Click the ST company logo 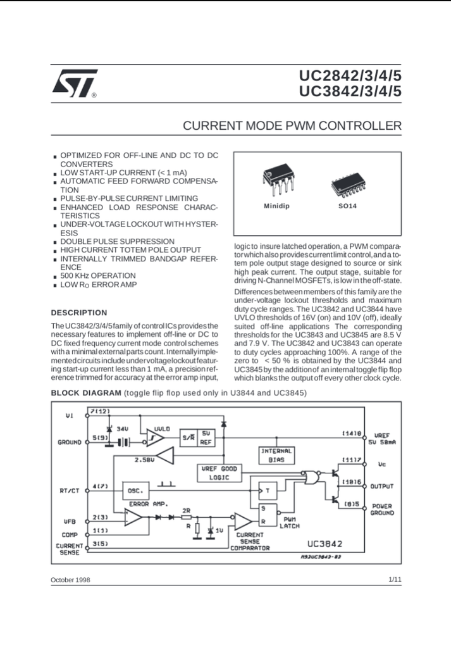(x=74, y=84)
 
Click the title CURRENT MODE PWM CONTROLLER (x=292, y=126)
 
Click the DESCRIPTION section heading (x=79, y=313)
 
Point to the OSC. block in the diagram (x=135, y=490)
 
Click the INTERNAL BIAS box (x=276, y=455)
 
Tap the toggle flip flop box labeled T (x=268, y=490)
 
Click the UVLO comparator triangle (x=156, y=437)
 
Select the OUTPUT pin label (x=382, y=487)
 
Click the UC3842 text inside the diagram (x=324, y=543)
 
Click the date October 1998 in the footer (x=70, y=580)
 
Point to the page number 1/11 (x=394, y=579)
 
